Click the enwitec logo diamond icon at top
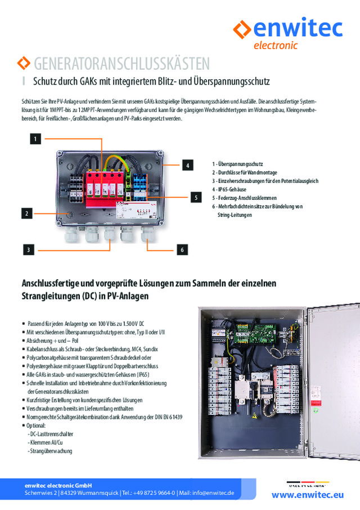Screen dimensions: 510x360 [x=242, y=28]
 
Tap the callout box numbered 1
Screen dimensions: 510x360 [x=35, y=138]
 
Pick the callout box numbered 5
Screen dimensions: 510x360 [x=195, y=198]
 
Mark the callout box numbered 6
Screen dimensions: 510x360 [x=182, y=249]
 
